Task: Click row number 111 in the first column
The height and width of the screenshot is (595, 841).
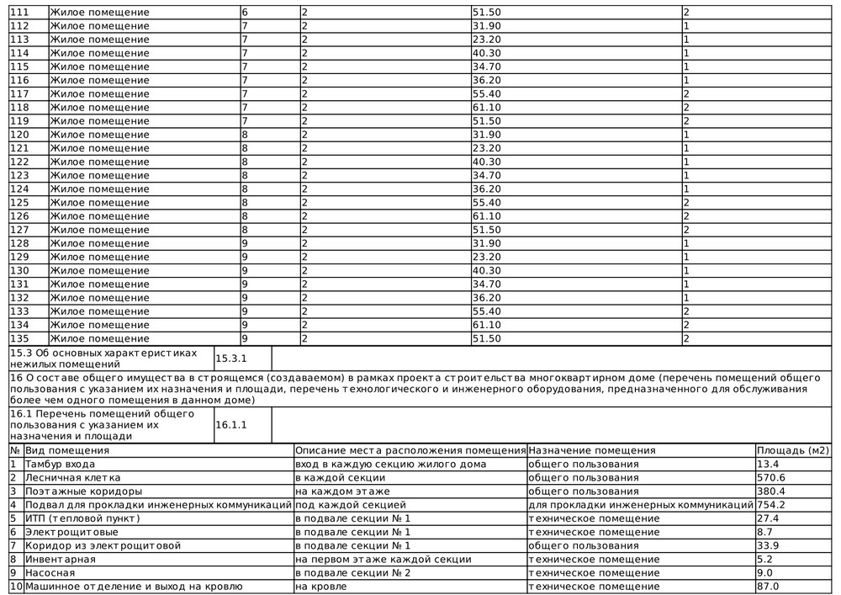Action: [19, 13]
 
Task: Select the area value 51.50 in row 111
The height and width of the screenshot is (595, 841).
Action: [488, 13]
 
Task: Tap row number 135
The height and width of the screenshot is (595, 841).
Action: [19, 337]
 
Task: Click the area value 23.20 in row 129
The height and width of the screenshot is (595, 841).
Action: [488, 257]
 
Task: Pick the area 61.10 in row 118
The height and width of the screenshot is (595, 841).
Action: [488, 108]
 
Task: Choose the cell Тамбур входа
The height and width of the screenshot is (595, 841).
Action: [60, 464]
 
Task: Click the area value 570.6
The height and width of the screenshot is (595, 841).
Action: [772, 477]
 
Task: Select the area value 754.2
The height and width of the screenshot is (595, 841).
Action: [772, 505]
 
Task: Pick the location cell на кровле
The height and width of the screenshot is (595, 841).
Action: [320, 587]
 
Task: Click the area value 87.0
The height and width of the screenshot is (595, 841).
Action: [769, 587]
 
